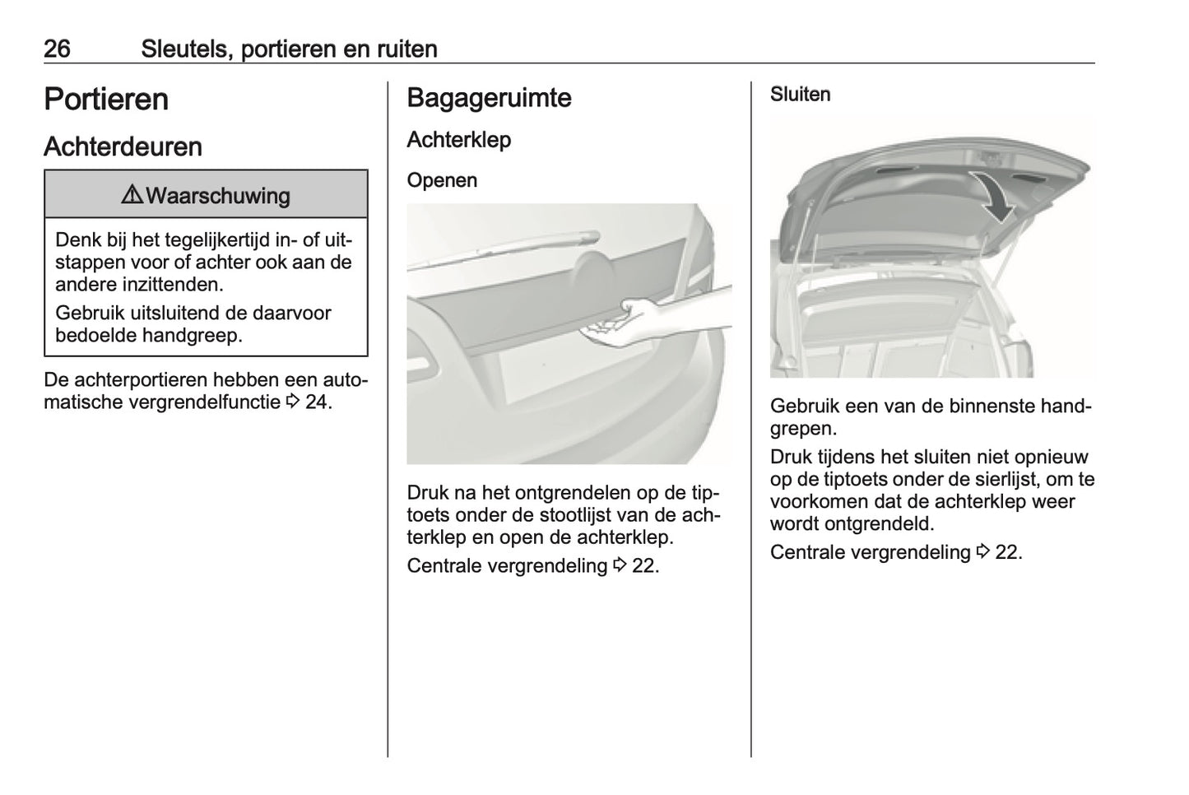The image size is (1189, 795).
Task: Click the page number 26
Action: (57, 49)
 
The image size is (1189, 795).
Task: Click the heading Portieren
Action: (106, 100)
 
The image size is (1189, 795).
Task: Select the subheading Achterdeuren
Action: (123, 146)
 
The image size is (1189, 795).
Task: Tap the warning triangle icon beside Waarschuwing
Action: (132, 195)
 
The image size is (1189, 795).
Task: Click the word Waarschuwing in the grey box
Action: (217, 196)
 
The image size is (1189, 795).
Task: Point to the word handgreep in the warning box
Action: (200, 335)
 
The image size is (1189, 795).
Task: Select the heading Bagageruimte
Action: (489, 98)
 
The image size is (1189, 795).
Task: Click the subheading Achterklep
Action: (458, 140)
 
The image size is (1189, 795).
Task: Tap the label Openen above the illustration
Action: (442, 180)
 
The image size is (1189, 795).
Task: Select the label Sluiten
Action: (800, 95)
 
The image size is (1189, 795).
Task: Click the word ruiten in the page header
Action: (406, 49)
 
